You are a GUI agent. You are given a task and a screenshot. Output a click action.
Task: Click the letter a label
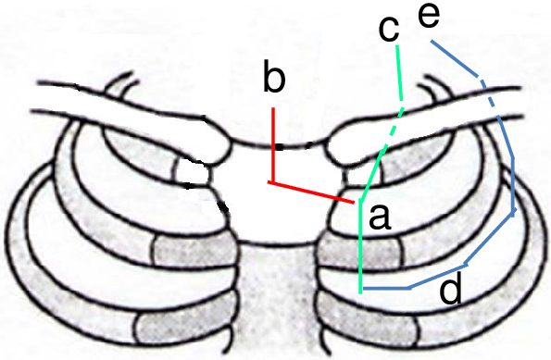pos(378,217)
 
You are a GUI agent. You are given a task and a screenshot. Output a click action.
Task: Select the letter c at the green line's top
pos(390,29)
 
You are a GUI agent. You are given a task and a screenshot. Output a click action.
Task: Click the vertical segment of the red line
pos(273,143)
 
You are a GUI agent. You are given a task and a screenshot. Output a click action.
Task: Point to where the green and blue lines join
pos(361,290)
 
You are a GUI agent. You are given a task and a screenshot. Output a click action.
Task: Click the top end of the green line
pos(396,44)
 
